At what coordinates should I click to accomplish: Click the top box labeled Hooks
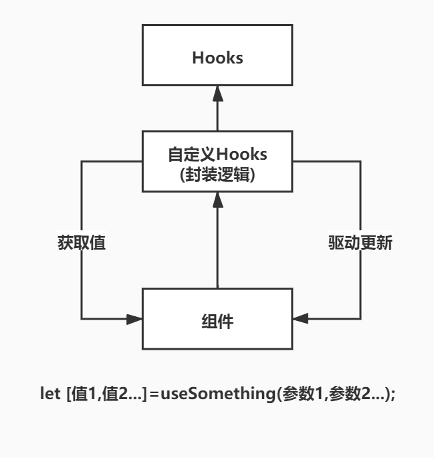pyautogui.click(x=217, y=58)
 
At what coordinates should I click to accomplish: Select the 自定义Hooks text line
pyautogui.click(x=217, y=154)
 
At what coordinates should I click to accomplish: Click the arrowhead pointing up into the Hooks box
pyautogui.click(x=217, y=94)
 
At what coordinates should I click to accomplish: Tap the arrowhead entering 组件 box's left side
pyautogui.click(x=135, y=319)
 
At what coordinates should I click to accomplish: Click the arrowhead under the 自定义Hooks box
pyautogui.click(x=217, y=199)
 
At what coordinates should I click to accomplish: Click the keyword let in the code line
pyautogui.click(x=49, y=394)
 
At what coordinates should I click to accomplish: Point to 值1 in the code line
pyautogui.click(x=84, y=394)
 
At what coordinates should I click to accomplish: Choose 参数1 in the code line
pyautogui.click(x=300, y=394)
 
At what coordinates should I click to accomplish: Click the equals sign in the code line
pyautogui.click(x=154, y=394)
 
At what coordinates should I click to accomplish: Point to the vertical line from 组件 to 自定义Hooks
pyautogui.click(x=217, y=247)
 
